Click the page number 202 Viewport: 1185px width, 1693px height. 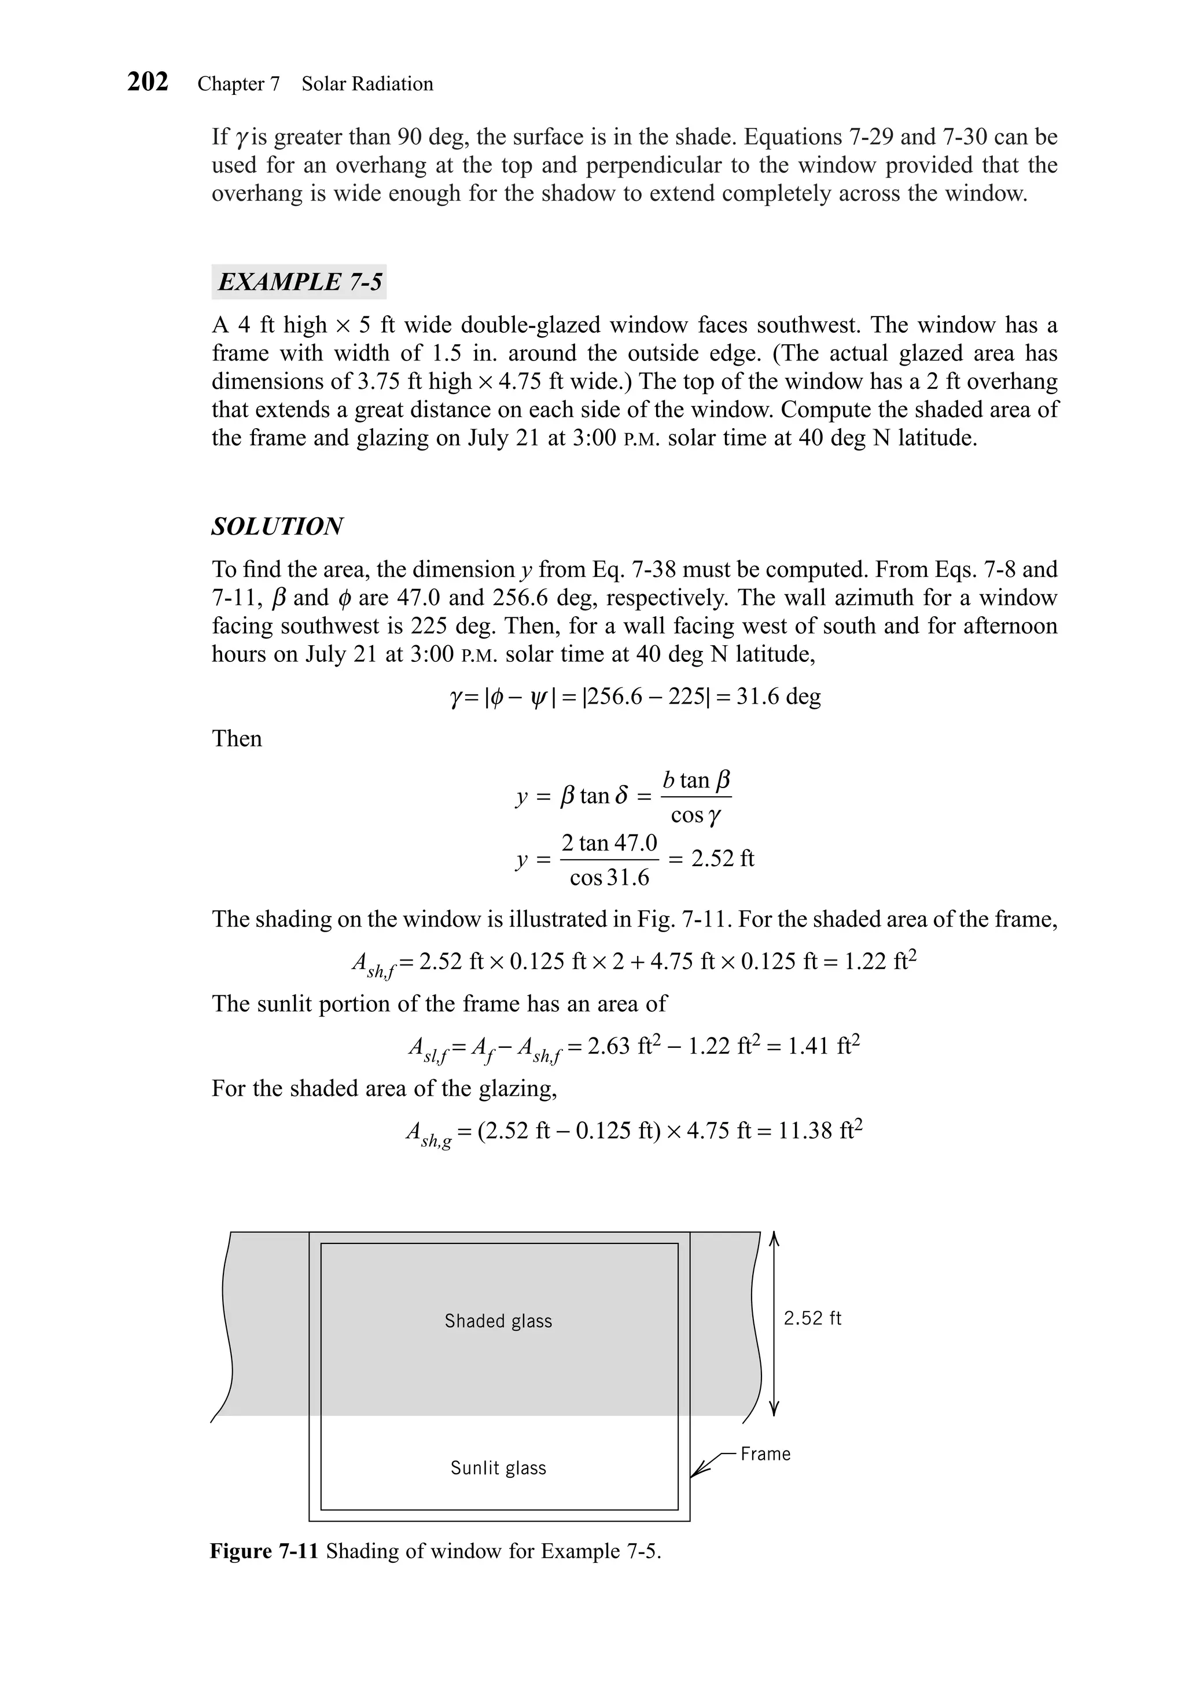[148, 81]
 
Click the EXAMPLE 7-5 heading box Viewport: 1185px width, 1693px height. [299, 282]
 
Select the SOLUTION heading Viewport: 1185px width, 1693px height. [277, 527]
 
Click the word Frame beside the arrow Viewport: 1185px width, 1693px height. [765, 1453]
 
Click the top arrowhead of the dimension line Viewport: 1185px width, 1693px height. [774, 1239]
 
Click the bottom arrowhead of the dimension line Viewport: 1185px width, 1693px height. [774, 1408]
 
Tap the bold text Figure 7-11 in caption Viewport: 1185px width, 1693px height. [264, 1551]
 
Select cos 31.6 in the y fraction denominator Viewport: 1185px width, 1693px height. [609, 878]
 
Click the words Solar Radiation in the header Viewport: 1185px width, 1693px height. [367, 84]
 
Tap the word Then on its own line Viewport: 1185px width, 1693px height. [237, 738]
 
